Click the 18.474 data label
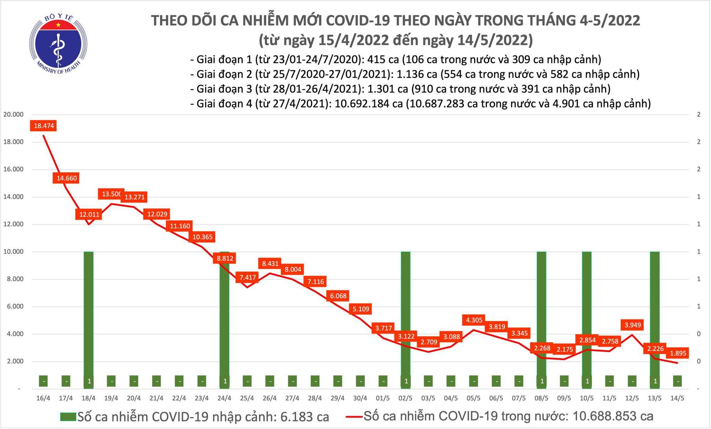tap(44, 126)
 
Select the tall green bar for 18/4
tap(89, 313)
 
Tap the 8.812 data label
tap(225, 258)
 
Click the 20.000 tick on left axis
tap(13, 114)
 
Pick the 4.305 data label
tap(474, 320)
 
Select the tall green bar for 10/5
tap(587, 313)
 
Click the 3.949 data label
tap(632, 325)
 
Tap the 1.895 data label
tap(678, 353)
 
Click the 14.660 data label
tap(66, 178)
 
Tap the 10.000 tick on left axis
tap(13, 251)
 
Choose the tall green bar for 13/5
tap(655, 313)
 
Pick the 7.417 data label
tap(248, 277)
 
